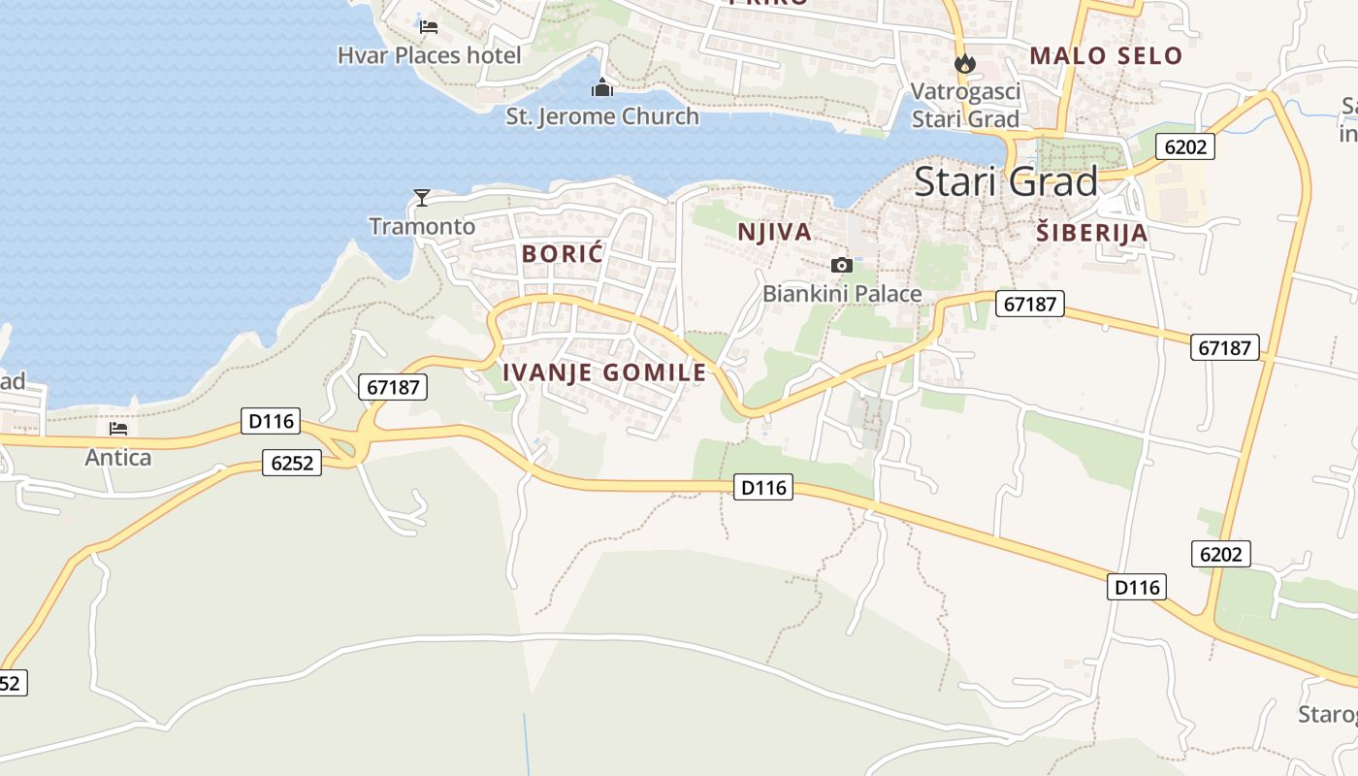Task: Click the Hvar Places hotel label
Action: click(429, 55)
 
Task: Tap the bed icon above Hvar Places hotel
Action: click(429, 26)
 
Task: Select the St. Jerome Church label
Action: click(602, 116)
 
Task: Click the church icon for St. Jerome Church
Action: click(602, 88)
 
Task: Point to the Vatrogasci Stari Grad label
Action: click(965, 105)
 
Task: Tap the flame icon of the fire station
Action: click(964, 64)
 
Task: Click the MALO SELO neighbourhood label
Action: click(1106, 55)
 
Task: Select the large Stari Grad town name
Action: click(1006, 181)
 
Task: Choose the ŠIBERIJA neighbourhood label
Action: click(1091, 233)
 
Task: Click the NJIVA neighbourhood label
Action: click(774, 232)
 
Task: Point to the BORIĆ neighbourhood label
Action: click(563, 254)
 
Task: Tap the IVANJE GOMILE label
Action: click(604, 372)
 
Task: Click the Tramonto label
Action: click(422, 227)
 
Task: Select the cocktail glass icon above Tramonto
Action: click(422, 198)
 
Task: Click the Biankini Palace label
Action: click(842, 293)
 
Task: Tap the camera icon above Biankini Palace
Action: click(842, 265)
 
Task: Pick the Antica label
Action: click(118, 457)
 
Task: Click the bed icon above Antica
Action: click(118, 428)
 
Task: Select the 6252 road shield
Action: click(292, 464)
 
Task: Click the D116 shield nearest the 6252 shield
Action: click(271, 422)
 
